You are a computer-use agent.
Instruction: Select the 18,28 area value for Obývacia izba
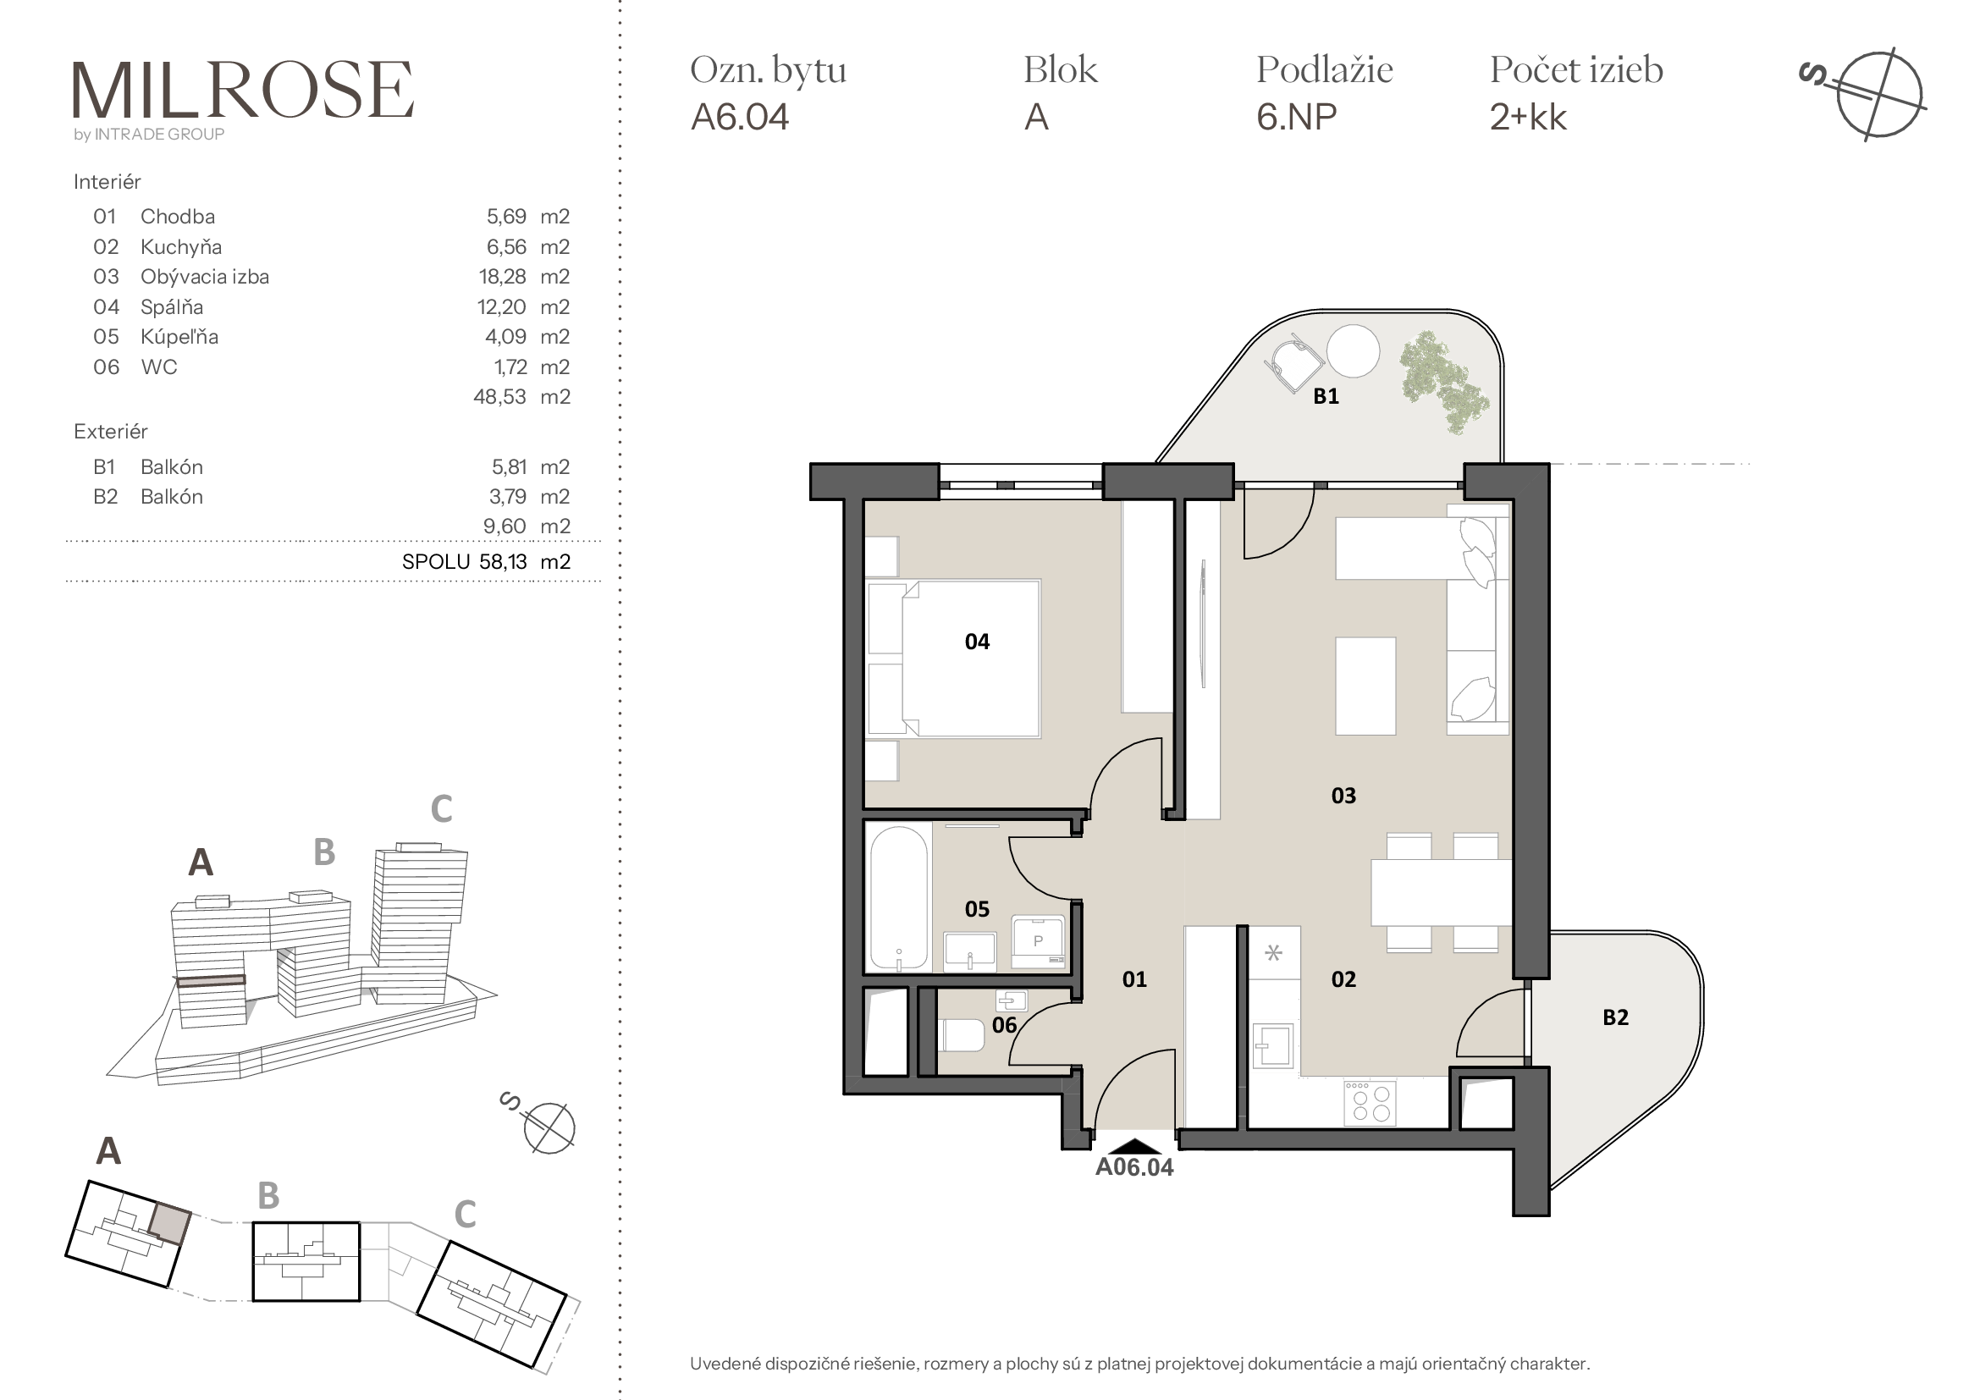point(502,277)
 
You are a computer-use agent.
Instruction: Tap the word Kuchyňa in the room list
point(181,247)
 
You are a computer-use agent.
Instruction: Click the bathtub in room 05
point(899,898)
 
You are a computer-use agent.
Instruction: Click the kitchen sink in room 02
point(1272,1044)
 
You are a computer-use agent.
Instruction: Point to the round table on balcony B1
point(1352,351)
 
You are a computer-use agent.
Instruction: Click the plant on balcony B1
point(1442,379)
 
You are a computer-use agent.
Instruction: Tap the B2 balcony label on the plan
point(1615,1017)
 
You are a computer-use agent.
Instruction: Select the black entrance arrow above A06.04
point(1135,1146)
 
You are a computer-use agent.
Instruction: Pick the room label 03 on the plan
point(1343,796)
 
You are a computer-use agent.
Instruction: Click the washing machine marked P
point(1039,941)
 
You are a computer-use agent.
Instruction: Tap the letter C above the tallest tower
point(442,808)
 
